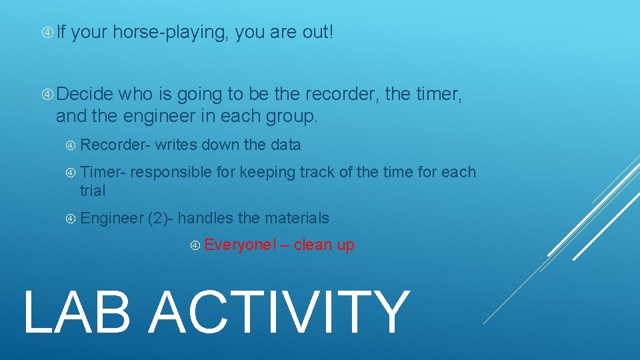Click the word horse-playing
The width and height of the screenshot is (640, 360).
pos(171,32)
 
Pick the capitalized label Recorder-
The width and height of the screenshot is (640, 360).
pos(116,145)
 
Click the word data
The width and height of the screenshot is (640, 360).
pos(286,145)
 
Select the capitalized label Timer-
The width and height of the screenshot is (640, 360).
pos(103,172)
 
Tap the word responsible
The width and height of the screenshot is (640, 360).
pos(171,172)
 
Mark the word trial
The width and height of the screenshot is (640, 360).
pos(93,191)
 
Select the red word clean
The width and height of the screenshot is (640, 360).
pos(313,245)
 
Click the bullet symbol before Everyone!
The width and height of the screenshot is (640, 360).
pos(195,245)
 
